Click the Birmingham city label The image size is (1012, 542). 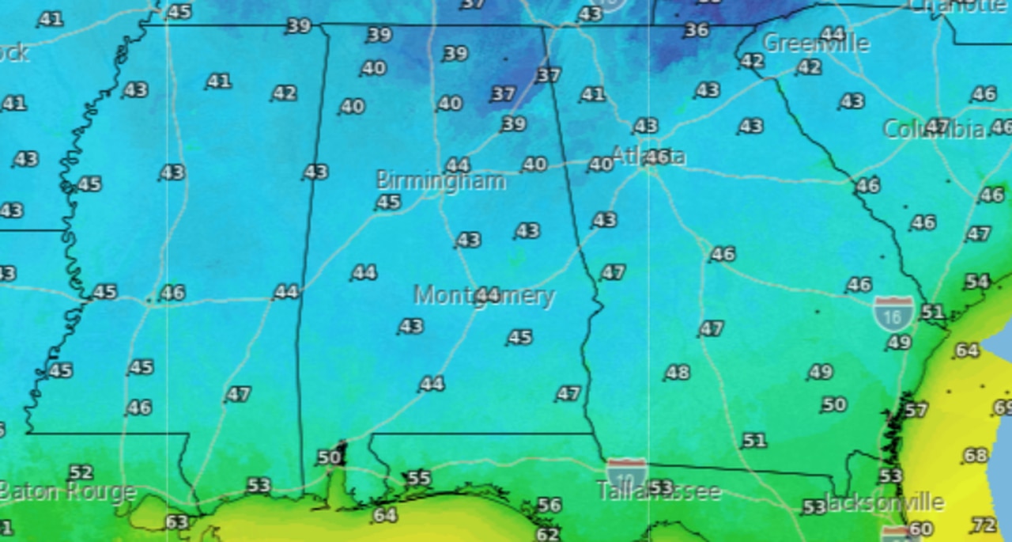click(x=440, y=180)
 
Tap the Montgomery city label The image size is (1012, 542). click(x=485, y=296)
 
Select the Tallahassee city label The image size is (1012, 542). click(x=659, y=491)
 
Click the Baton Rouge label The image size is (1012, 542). click(x=67, y=492)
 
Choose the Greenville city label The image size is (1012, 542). click(x=816, y=44)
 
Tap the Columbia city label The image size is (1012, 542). click(x=934, y=129)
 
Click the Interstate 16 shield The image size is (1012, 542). click(x=893, y=313)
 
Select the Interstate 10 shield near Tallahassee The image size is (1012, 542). click(x=626, y=474)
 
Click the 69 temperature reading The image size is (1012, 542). click(x=1003, y=407)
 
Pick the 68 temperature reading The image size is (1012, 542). click(x=976, y=456)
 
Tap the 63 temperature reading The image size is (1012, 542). click(x=176, y=522)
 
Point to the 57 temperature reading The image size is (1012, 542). click(x=916, y=410)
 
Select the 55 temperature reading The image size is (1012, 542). click(x=418, y=478)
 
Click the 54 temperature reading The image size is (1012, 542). click(x=977, y=282)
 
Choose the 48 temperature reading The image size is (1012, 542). click(x=677, y=372)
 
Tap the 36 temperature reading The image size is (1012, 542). click(x=697, y=30)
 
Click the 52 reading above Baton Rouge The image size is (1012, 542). click(x=81, y=472)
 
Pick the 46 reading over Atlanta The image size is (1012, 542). click(x=657, y=157)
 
